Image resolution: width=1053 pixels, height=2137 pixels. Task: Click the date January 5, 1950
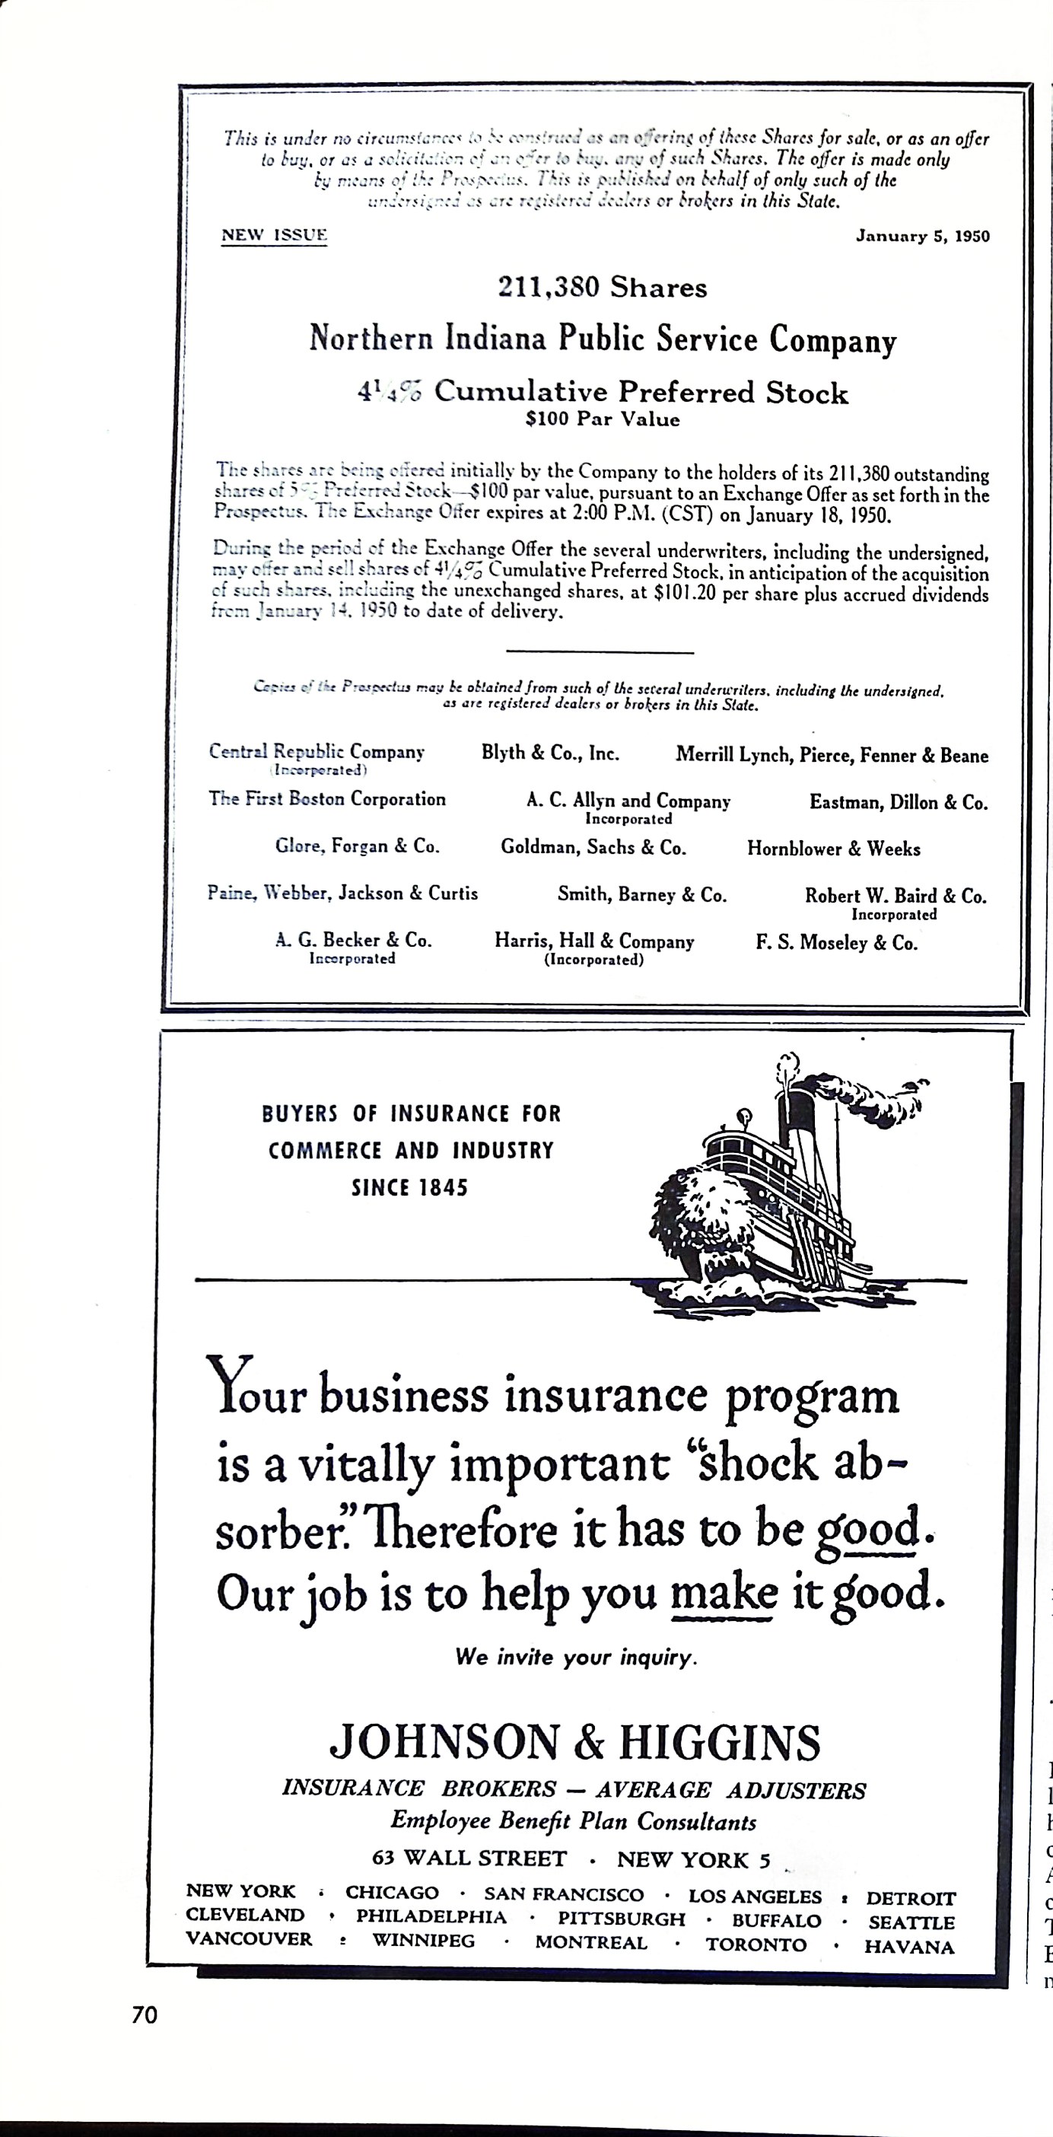(922, 237)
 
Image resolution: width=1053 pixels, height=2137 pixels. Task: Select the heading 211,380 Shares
(602, 288)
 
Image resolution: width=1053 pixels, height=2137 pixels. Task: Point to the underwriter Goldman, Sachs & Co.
(593, 848)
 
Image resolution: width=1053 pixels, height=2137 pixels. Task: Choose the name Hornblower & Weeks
(833, 849)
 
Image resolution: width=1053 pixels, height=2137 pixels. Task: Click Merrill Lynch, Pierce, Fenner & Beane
(832, 756)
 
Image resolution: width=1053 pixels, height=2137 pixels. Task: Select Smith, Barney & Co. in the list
(641, 895)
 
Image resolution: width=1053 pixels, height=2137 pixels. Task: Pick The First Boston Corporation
(326, 799)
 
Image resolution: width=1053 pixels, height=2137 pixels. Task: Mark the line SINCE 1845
(409, 1188)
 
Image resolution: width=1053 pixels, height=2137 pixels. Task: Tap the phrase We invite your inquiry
(575, 1658)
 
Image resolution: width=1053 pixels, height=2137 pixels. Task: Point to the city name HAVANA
(908, 1948)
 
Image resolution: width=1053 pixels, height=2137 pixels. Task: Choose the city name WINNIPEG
(423, 1941)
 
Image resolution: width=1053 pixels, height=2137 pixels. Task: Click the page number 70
(145, 2016)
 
